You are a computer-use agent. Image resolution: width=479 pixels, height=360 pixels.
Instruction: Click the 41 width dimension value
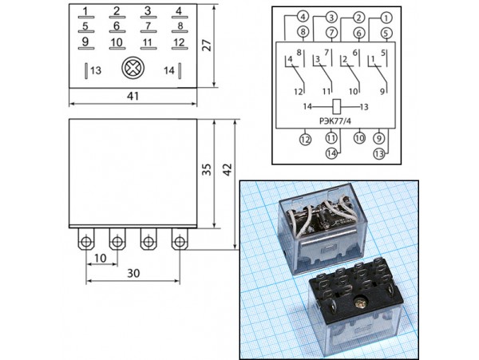pyautogui.click(x=133, y=96)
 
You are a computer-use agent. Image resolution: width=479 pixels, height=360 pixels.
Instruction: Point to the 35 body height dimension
pyautogui.click(x=206, y=169)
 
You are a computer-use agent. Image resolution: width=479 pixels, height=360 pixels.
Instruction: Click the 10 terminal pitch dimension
pyautogui.click(x=101, y=258)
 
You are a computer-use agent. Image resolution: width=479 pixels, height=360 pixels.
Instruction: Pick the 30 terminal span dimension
pyautogui.click(x=133, y=273)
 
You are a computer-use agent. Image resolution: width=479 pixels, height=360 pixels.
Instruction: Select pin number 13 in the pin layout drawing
pyautogui.click(x=96, y=71)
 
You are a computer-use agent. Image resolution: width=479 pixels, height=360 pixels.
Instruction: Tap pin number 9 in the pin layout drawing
pyautogui.click(x=85, y=42)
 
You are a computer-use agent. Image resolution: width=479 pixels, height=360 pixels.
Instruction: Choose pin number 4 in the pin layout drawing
pyautogui.click(x=179, y=11)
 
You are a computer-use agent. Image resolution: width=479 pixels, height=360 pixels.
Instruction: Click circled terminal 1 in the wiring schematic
pyautogui.click(x=386, y=17)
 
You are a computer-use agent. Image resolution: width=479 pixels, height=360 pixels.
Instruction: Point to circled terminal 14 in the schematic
pyautogui.click(x=331, y=154)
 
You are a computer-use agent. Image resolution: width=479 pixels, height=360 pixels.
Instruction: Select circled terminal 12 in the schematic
pyautogui.click(x=304, y=139)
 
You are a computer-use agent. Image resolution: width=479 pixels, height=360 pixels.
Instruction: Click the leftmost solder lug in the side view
pyautogui.click(x=85, y=239)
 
